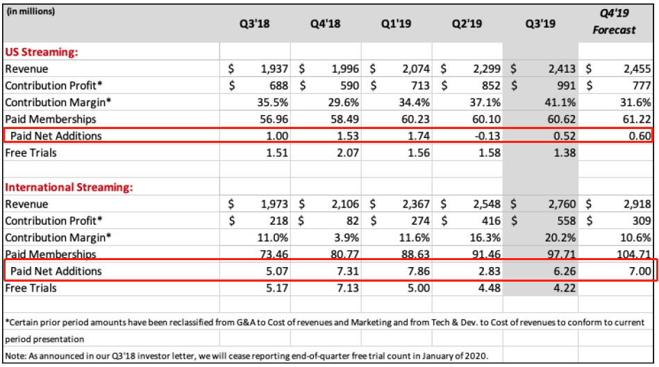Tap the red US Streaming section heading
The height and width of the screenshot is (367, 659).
41,51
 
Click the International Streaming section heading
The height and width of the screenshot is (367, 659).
69,187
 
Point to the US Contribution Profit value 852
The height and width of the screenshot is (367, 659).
487,85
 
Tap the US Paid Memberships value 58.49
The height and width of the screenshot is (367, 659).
344,119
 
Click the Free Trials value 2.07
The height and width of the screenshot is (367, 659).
347,152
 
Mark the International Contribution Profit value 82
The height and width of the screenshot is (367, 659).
352,221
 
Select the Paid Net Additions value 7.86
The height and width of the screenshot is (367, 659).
416,271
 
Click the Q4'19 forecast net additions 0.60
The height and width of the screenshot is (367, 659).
634,135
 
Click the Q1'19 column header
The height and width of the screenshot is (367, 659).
397,24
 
